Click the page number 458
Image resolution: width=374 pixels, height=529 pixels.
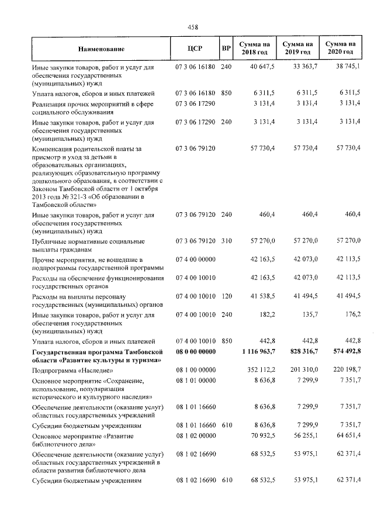[192, 27]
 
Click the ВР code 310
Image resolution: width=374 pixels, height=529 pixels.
[226, 240]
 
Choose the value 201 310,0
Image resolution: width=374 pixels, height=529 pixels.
[303, 371]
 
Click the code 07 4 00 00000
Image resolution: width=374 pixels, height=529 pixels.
[196, 259]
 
